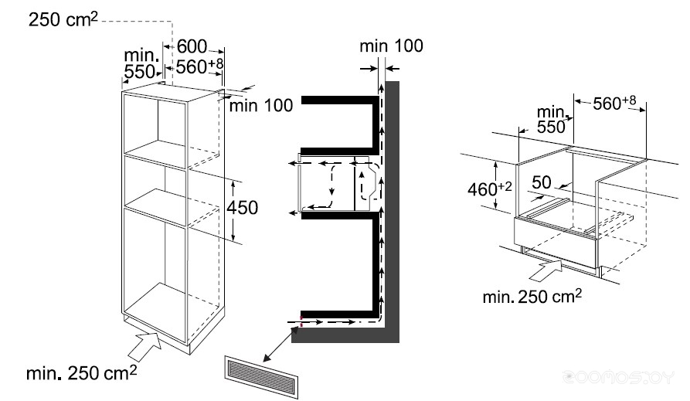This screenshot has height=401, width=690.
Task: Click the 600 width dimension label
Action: (191, 46)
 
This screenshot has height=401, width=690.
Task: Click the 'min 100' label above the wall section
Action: (391, 46)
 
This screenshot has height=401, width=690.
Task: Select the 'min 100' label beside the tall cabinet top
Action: (260, 106)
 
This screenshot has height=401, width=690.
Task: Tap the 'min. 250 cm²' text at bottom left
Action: (81, 374)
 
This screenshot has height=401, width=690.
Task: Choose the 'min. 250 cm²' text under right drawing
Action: (532, 296)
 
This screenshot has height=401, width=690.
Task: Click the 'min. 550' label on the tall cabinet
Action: (140, 66)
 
